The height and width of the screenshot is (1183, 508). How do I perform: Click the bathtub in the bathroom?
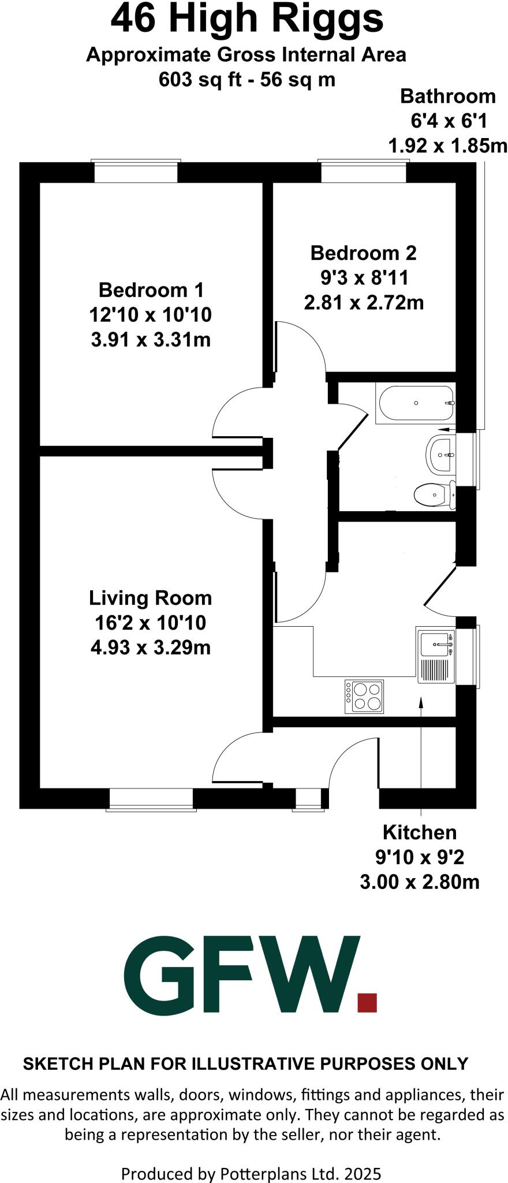tap(415, 403)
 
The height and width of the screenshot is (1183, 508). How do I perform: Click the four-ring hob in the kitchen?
tap(364, 696)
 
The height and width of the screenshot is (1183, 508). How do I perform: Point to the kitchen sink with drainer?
tap(436, 655)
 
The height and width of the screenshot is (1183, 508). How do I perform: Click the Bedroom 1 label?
tap(151, 289)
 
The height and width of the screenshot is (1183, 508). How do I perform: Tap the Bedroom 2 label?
tap(364, 252)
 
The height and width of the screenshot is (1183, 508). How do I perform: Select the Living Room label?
tap(151, 598)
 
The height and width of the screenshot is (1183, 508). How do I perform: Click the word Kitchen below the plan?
tap(420, 832)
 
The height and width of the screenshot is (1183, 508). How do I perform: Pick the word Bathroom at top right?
tap(448, 96)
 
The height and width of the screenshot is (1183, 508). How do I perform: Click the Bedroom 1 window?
tap(136, 172)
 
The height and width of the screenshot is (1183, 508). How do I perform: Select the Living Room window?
tap(151, 800)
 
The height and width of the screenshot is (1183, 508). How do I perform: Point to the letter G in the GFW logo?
tap(160, 975)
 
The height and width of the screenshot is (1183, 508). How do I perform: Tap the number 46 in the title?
tap(133, 19)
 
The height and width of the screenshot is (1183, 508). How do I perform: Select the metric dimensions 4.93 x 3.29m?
tap(151, 648)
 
